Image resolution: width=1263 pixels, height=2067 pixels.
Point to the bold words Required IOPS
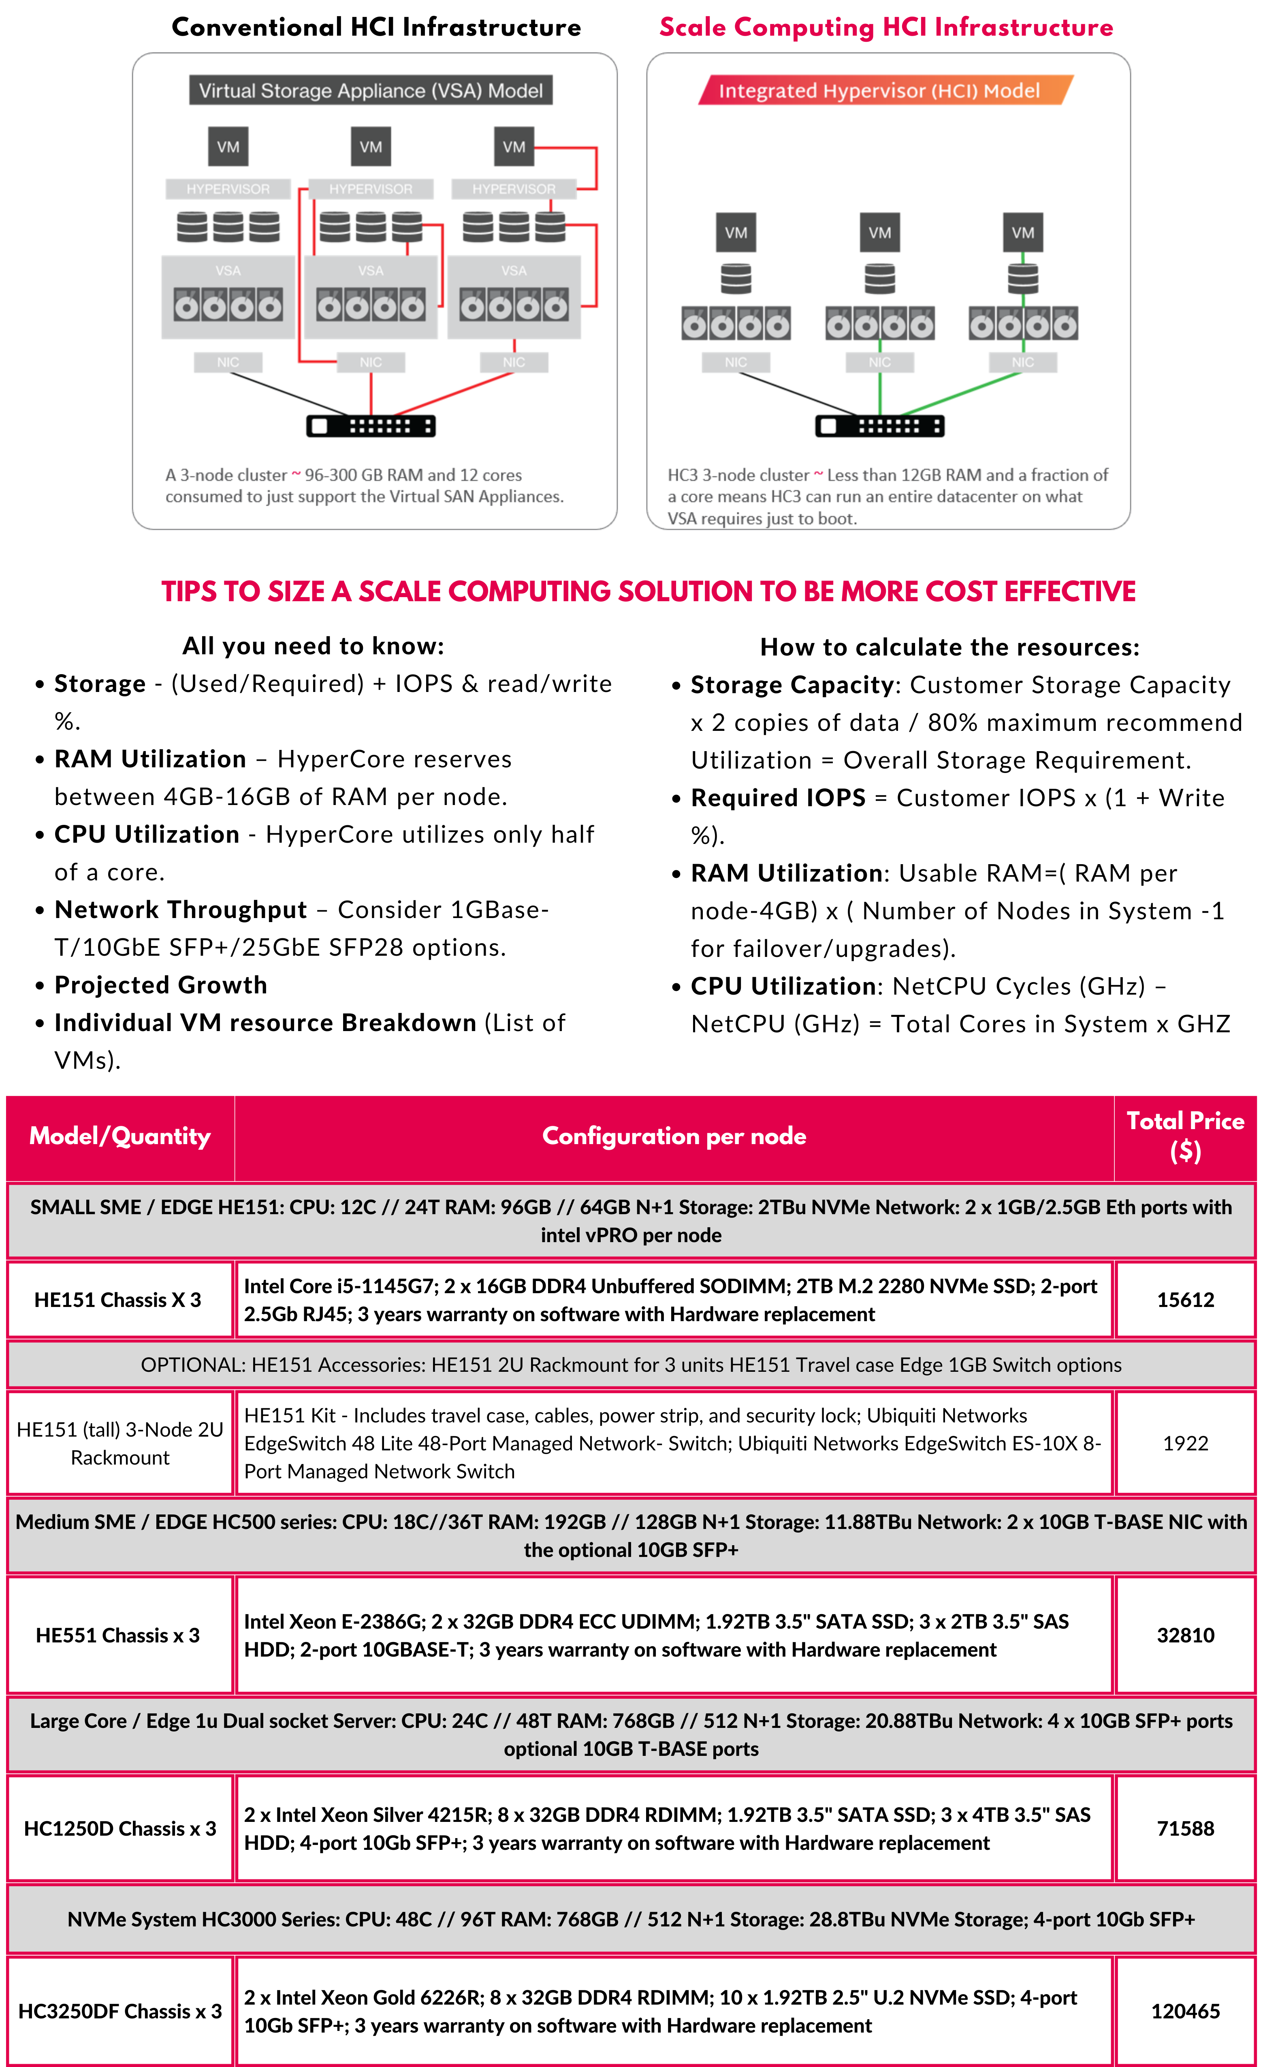coord(777,798)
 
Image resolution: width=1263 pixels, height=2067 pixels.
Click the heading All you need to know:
coord(313,646)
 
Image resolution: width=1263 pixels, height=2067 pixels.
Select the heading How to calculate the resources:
coord(949,647)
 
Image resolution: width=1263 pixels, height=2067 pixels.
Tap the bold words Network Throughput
coord(180,910)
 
